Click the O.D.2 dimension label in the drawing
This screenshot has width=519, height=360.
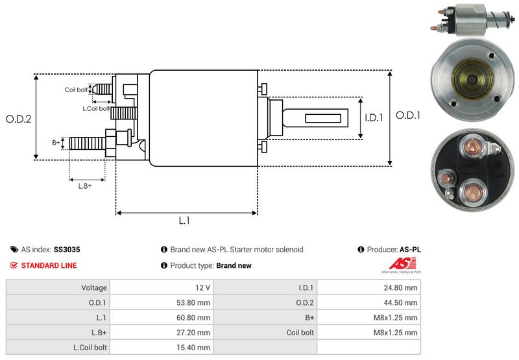point(19,119)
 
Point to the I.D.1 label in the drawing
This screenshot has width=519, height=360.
point(374,118)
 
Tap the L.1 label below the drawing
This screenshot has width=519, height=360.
point(184,221)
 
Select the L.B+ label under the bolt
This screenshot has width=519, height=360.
point(85,186)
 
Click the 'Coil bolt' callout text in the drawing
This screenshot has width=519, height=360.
point(76,90)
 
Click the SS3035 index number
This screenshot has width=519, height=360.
point(67,249)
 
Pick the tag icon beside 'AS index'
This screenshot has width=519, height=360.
point(14,249)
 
